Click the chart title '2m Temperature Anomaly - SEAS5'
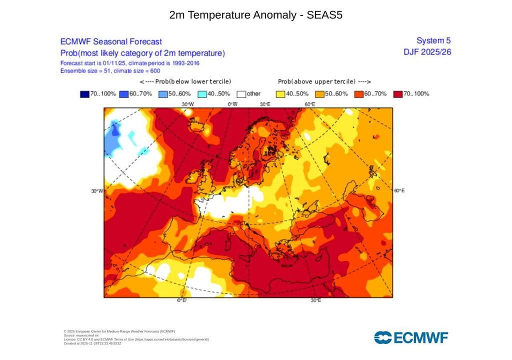point(255,15)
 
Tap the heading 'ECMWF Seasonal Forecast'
point(110,42)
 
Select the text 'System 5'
point(433,40)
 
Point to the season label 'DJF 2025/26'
point(427,51)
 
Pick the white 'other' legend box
point(241,93)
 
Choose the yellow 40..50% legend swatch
point(280,93)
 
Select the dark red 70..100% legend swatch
point(398,93)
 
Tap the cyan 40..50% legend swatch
point(202,93)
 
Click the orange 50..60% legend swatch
point(319,93)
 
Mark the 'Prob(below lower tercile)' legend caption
point(186,81)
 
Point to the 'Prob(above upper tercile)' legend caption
point(324,81)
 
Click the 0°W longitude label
point(232,104)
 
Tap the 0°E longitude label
point(181,300)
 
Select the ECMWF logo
point(411,337)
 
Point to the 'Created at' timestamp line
point(92,343)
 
